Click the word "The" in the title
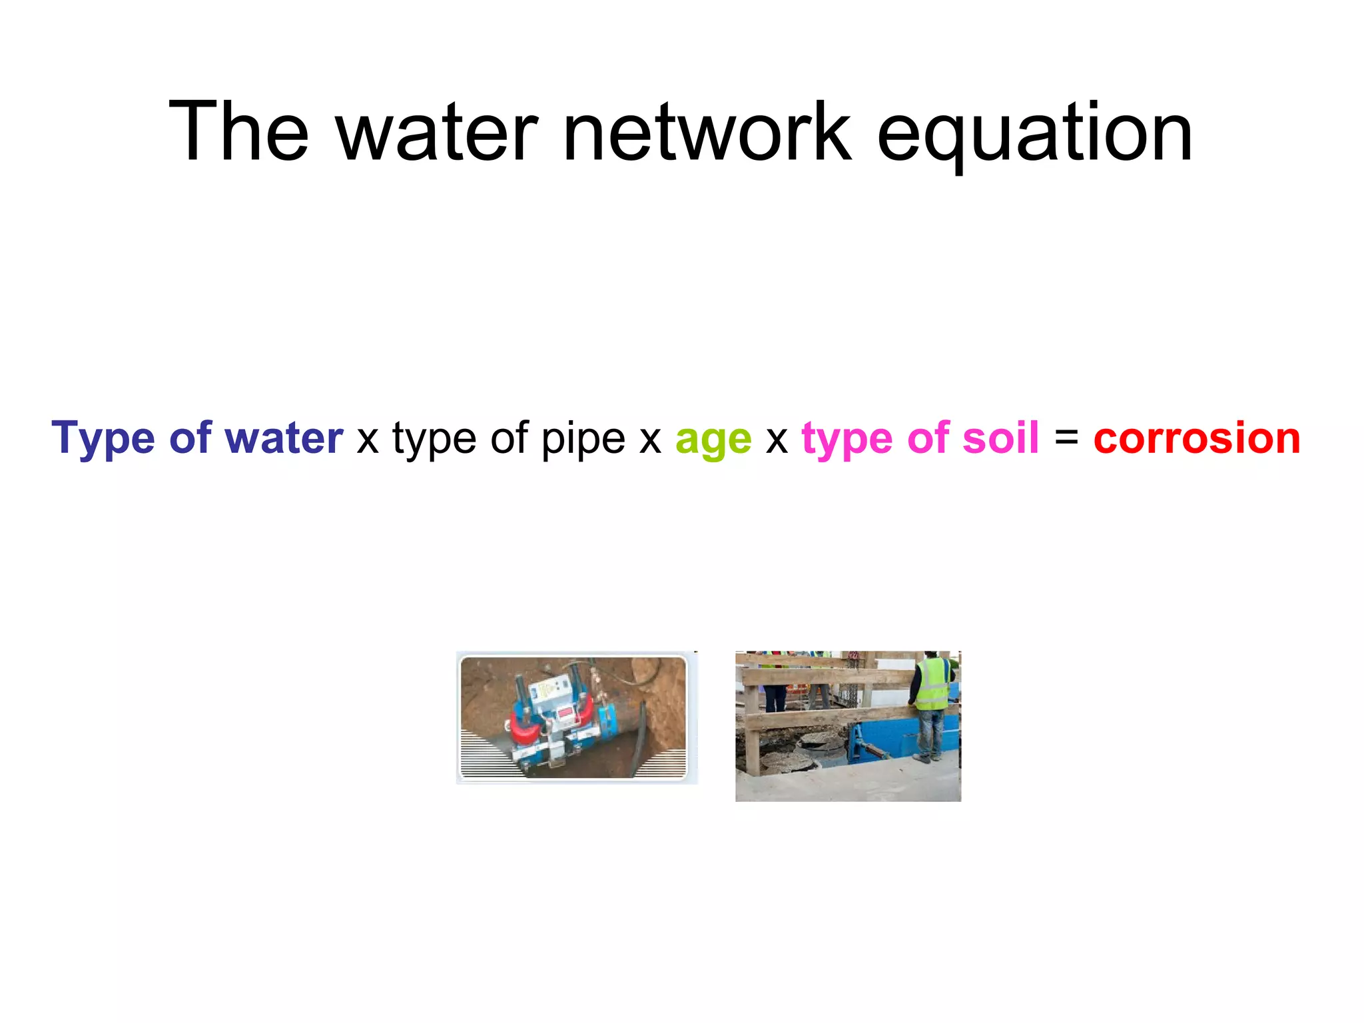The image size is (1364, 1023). [238, 131]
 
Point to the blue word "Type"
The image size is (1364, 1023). [103, 439]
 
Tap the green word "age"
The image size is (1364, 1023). [713, 440]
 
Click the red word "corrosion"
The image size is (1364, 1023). [1196, 439]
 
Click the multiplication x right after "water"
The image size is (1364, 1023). [368, 440]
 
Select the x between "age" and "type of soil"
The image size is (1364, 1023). [777, 440]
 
